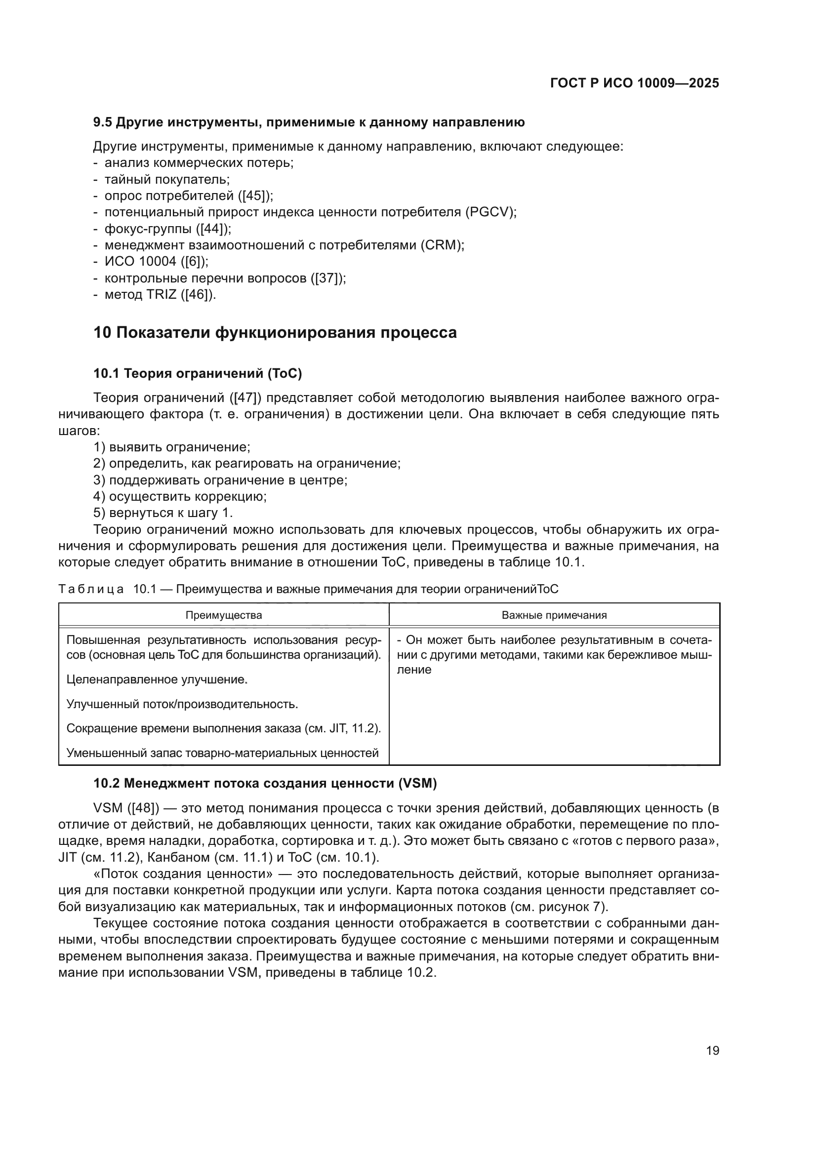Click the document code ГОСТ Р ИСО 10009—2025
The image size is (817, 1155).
pos(634,83)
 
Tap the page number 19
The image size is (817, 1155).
pos(712,1050)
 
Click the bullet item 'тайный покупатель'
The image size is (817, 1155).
pos(166,180)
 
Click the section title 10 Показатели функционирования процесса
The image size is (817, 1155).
pos(275,333)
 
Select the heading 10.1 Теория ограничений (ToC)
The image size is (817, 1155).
pos(198,373)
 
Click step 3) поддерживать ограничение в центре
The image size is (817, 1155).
pos(220,480)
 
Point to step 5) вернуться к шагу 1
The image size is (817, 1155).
pos(163,513)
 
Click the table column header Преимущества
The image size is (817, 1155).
pos(224,615)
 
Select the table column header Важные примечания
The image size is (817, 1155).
pos(554,615)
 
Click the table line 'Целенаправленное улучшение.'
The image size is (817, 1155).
pos(157,679)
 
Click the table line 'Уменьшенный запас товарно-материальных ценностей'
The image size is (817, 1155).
pos(222,753)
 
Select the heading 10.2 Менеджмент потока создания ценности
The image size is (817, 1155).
pos(265,783)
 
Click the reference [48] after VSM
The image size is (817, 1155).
pos(143,808)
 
